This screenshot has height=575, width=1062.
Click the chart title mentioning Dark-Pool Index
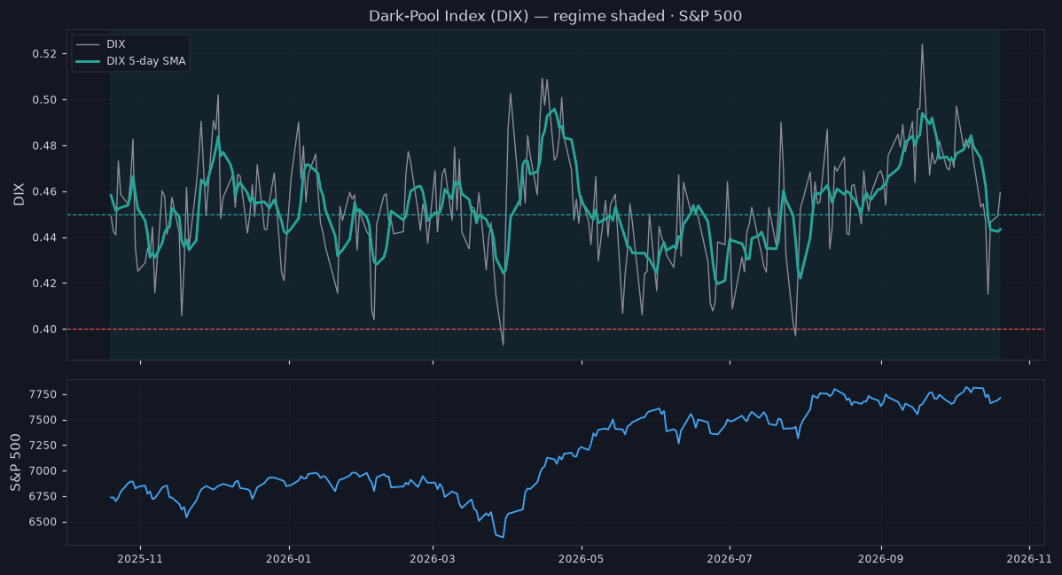(x=556, y=16)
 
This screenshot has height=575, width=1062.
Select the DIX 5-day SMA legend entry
(x=130, y=61)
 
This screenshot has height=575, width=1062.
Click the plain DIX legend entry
(x=101, y=44)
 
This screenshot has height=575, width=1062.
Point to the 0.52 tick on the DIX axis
(x=44, y=54)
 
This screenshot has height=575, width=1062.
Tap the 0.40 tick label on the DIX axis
(x=44, y=330)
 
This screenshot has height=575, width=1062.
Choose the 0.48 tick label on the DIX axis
(x=44, y=145)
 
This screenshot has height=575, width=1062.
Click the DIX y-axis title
(x=19, y=194)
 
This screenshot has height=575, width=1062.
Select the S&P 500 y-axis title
(x=16, y=462)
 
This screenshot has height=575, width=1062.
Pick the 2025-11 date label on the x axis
(x=140, y=559)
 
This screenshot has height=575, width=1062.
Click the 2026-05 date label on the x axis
(x=582, y=559)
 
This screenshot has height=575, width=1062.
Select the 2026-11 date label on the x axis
(x=1029, y=559)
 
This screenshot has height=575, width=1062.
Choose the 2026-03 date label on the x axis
(x=433, y=559)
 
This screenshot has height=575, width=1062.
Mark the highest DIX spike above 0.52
(x=922, y=44)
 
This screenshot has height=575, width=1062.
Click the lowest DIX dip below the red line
(x=503, y=345)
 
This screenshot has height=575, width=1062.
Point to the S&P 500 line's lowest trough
(x=503, y=537)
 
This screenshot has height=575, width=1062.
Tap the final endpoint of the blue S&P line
(x=1000, y=398)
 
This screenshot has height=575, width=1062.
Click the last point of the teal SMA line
(x=1000, y=229)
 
